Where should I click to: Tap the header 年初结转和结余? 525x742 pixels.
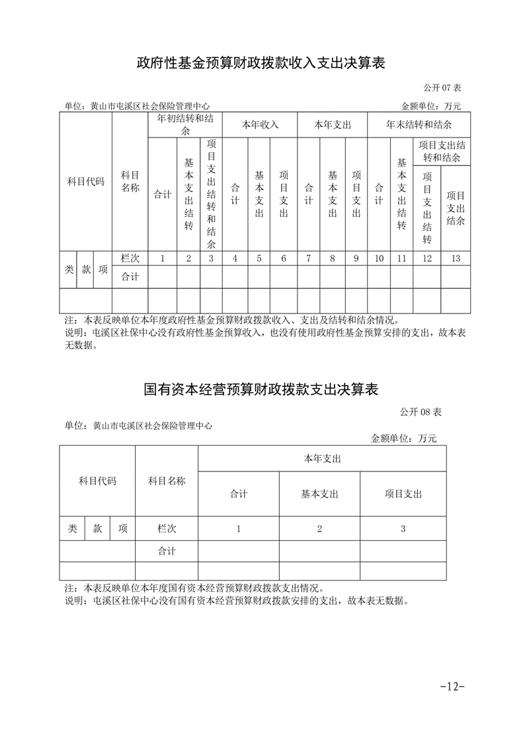tap(184, 124)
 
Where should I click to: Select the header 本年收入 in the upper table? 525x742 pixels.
tap(260, 124)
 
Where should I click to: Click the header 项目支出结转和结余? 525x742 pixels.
tap(442, 151)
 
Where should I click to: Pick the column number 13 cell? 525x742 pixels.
tap(455, 259)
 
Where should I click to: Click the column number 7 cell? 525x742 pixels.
tap(308, 259)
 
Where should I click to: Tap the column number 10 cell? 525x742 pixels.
tap(379, 259)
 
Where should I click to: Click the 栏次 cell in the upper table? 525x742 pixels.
tap(130, 259)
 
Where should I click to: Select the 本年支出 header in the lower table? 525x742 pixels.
tap(321, 458)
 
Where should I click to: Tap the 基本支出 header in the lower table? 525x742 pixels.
tap(319, 493)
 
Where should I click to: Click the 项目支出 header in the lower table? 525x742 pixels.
tap(403, 493)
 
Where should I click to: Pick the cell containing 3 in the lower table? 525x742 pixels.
tap(403, 528)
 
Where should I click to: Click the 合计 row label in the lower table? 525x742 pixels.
tap(167, 551)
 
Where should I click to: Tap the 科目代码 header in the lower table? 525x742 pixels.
tap(97, 481)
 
